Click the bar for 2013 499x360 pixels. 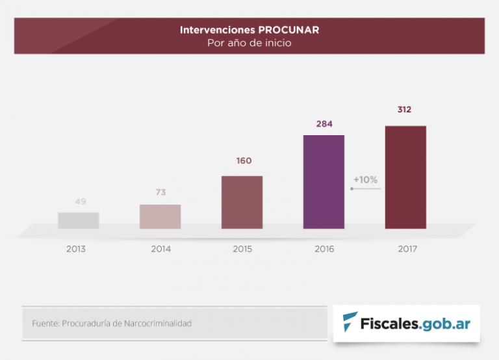tap(78, 220)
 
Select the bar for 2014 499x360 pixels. tap(160, 216)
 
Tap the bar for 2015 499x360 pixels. tap(242, 202)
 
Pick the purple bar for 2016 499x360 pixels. tap(324, 182)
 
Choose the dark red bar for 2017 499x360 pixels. tap(405, 177)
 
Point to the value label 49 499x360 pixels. tap(81, 201)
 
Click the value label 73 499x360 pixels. tap(162, 192)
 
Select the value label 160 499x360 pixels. tap(244, 161)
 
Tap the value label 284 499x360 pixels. tap(324, 123)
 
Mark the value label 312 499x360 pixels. tap(405, 110)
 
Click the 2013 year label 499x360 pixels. tap(76, 249)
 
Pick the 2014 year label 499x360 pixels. tap(160, 249)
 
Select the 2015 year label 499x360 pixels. tap(242, 249)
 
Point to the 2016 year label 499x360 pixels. tap(324, 249)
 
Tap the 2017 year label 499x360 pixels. tap(406, 249)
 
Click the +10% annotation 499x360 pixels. tap(365, 179)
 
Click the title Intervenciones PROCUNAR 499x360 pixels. tap(249, 30)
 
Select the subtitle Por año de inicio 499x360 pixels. tap(249, 44)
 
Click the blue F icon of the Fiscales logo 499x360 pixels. tap(351, 322)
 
